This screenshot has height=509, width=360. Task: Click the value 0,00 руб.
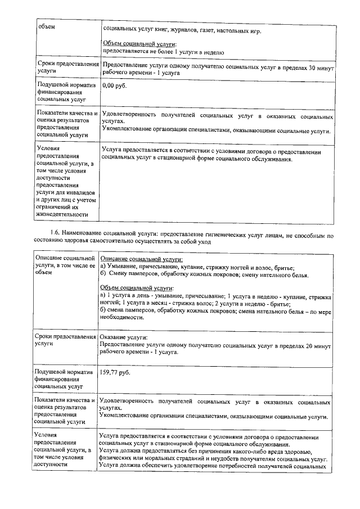(115, 85)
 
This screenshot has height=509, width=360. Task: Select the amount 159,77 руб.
(115, 372)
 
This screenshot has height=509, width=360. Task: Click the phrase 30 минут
(321, 66)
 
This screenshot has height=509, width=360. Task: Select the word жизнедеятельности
(62, 214)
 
